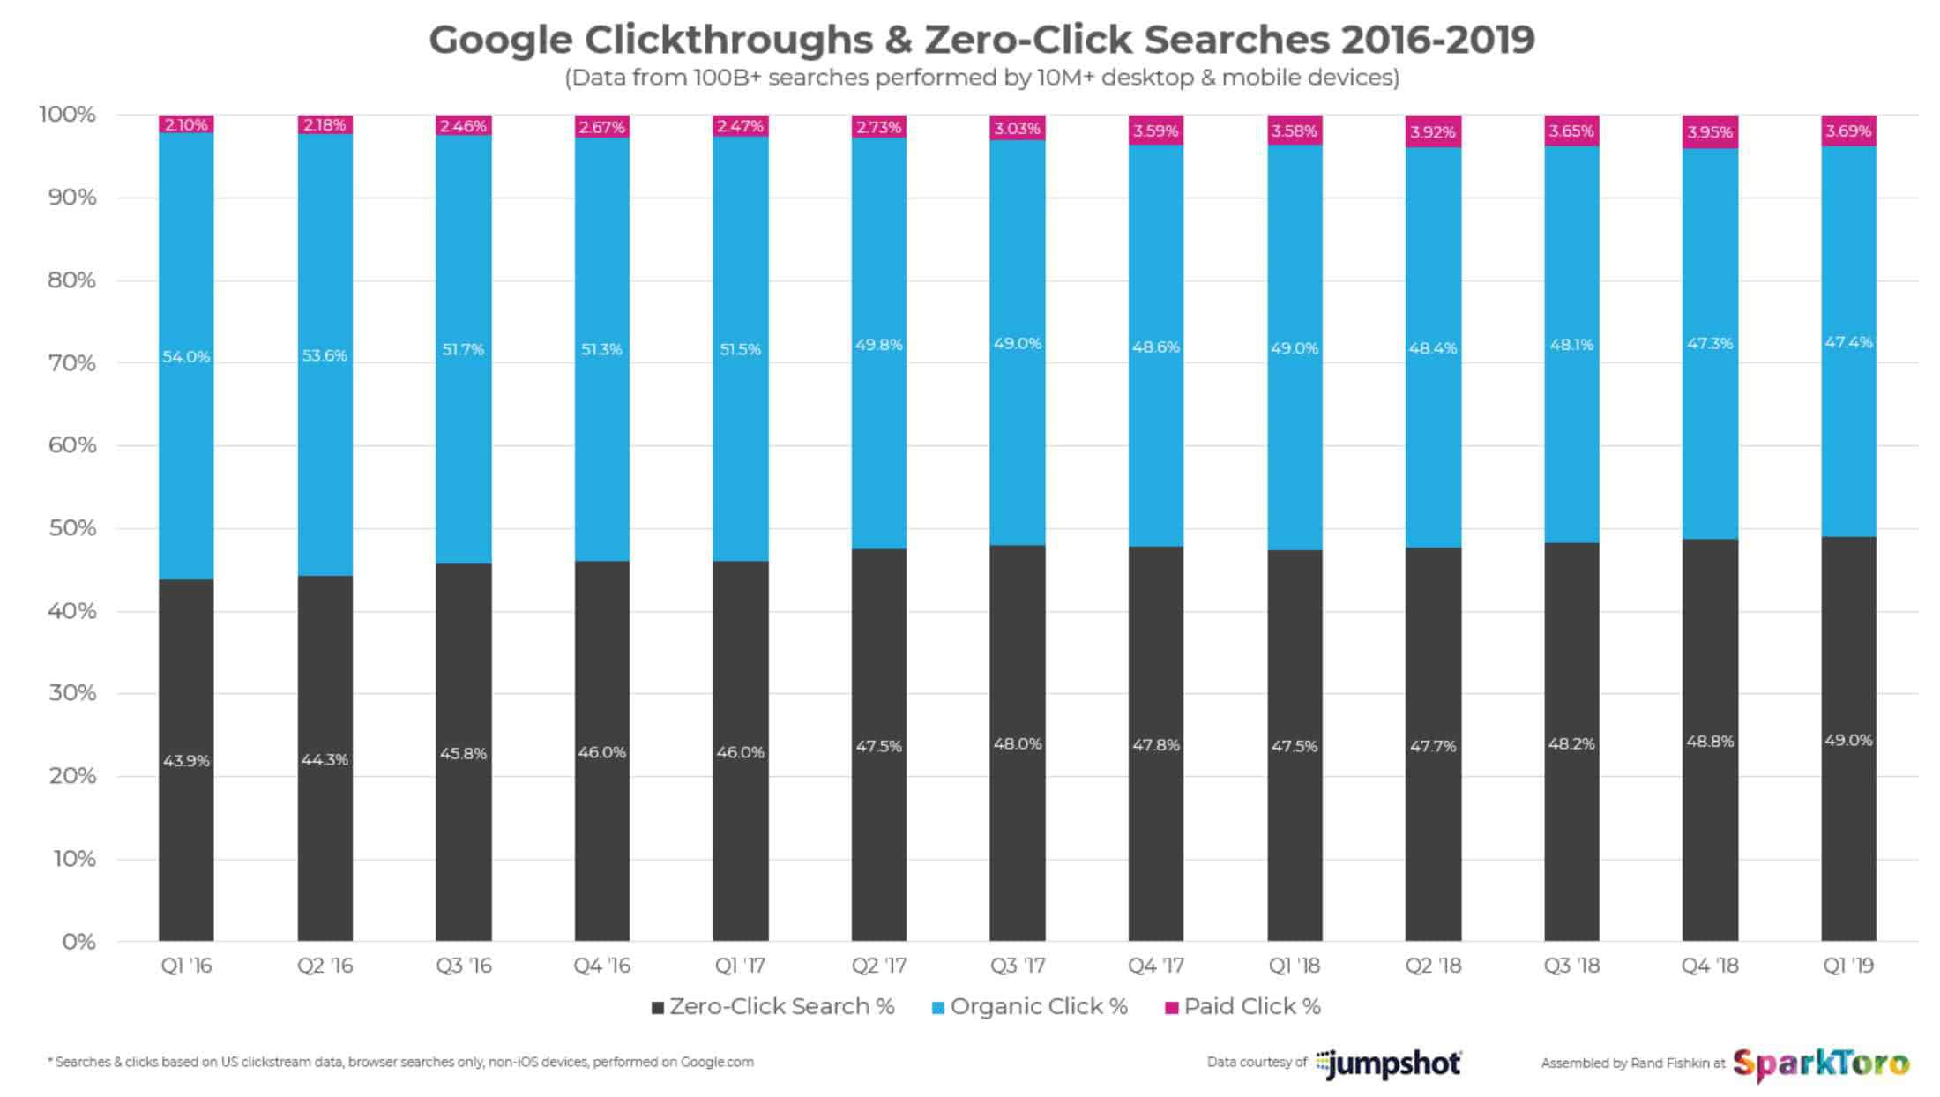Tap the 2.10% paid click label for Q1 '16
click(186, 125)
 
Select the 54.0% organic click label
click(186, 357)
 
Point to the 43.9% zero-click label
click(186, 760)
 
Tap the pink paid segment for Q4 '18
click(1710, 132)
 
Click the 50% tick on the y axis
click(71, 528)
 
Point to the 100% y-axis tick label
click(67, 115)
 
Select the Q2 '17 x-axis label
click(878, 966)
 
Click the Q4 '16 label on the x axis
click(601, 966)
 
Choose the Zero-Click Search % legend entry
click(772, 1006)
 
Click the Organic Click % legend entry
click(1030, 1006)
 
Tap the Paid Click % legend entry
click(1243, 1006)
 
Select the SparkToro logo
click(1821, 1063)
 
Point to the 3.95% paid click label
click(1710, 132)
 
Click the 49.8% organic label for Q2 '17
click(878, 345)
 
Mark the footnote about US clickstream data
click(401, 1062)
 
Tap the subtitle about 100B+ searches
click(981, 78)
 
